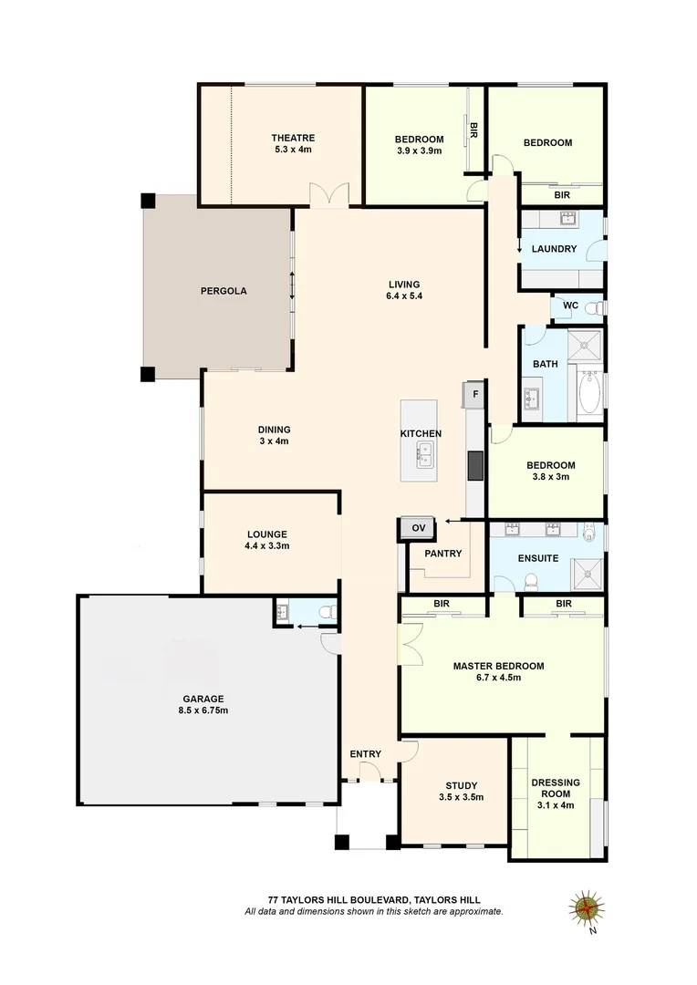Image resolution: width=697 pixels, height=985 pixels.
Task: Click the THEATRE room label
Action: (292, 138)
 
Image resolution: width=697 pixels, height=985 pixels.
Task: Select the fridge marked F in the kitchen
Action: (474, 396)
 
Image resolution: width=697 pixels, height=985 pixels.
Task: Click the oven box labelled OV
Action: (419, 528)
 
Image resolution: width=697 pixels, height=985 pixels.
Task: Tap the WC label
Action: (571, 306)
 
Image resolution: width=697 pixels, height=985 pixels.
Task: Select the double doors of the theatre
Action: (328, 195)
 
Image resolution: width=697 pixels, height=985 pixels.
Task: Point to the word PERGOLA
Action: (224, 292)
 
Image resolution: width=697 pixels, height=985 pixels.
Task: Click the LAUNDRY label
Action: (554, 249)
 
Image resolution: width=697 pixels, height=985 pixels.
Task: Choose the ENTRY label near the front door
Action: (365, 753)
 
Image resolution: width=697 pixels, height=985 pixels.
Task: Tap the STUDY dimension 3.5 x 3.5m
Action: (461, 797)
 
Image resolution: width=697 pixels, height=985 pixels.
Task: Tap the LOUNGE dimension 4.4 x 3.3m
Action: (266, 546)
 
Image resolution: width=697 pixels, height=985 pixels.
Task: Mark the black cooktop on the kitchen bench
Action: (474, 465)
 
